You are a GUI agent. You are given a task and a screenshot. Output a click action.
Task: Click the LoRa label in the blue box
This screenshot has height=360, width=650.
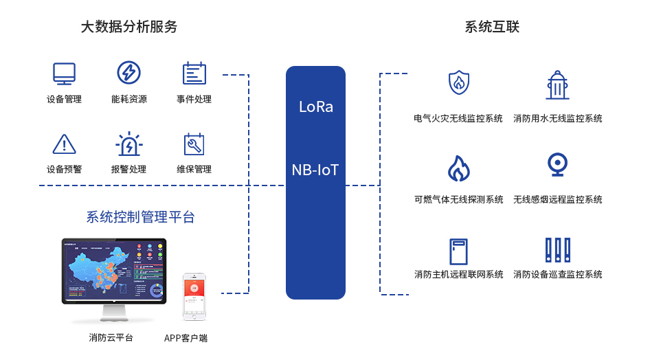point(315,107)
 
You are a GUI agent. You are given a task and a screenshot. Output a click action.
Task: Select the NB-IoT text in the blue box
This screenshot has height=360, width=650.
point(315,170)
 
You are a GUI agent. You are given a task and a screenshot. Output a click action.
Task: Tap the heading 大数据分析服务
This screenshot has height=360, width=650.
point(129,27)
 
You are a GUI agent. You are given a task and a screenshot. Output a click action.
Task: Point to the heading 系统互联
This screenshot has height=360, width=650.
point(492,27)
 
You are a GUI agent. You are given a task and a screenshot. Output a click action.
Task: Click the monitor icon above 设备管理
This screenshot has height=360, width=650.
point(64,73)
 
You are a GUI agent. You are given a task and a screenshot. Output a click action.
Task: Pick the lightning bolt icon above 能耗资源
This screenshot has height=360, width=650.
point(128,73)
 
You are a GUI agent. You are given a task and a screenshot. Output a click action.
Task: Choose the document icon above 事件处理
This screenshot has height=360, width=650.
point(194,73)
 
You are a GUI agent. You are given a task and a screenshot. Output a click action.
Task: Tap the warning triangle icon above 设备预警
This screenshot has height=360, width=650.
point(64,144)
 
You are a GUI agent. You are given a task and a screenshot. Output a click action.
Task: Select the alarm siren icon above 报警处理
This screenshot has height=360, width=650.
point(128,144)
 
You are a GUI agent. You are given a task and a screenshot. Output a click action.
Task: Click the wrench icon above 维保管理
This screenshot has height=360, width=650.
point(194,144)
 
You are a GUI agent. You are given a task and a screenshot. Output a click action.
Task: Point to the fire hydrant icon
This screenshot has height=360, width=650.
point(557,85)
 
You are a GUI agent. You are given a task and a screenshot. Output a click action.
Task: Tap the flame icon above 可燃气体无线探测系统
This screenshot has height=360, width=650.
point(458,168)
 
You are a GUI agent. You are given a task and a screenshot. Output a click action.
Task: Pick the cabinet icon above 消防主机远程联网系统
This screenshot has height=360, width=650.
point(458,251)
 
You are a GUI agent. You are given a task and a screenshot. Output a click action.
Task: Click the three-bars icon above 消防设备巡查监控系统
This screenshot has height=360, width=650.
point(557,251)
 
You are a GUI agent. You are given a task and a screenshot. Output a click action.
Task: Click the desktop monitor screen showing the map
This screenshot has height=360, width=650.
point(114,270)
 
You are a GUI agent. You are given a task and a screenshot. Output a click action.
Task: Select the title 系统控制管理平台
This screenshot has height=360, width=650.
point(140,217)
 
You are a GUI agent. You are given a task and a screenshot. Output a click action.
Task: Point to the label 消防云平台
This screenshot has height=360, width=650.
point(111,337)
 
